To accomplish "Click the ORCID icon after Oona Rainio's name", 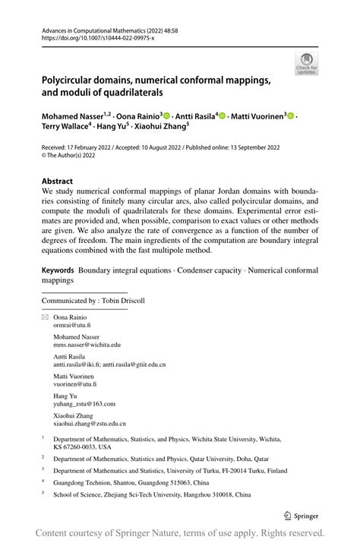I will coord(166,115).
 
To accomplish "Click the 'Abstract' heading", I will coord(58,181).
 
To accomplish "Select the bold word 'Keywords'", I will coord(58,270).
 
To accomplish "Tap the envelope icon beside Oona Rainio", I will coord(45,317).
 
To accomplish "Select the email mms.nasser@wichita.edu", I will coord(87,344).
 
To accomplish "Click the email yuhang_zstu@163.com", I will coord(84,404).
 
